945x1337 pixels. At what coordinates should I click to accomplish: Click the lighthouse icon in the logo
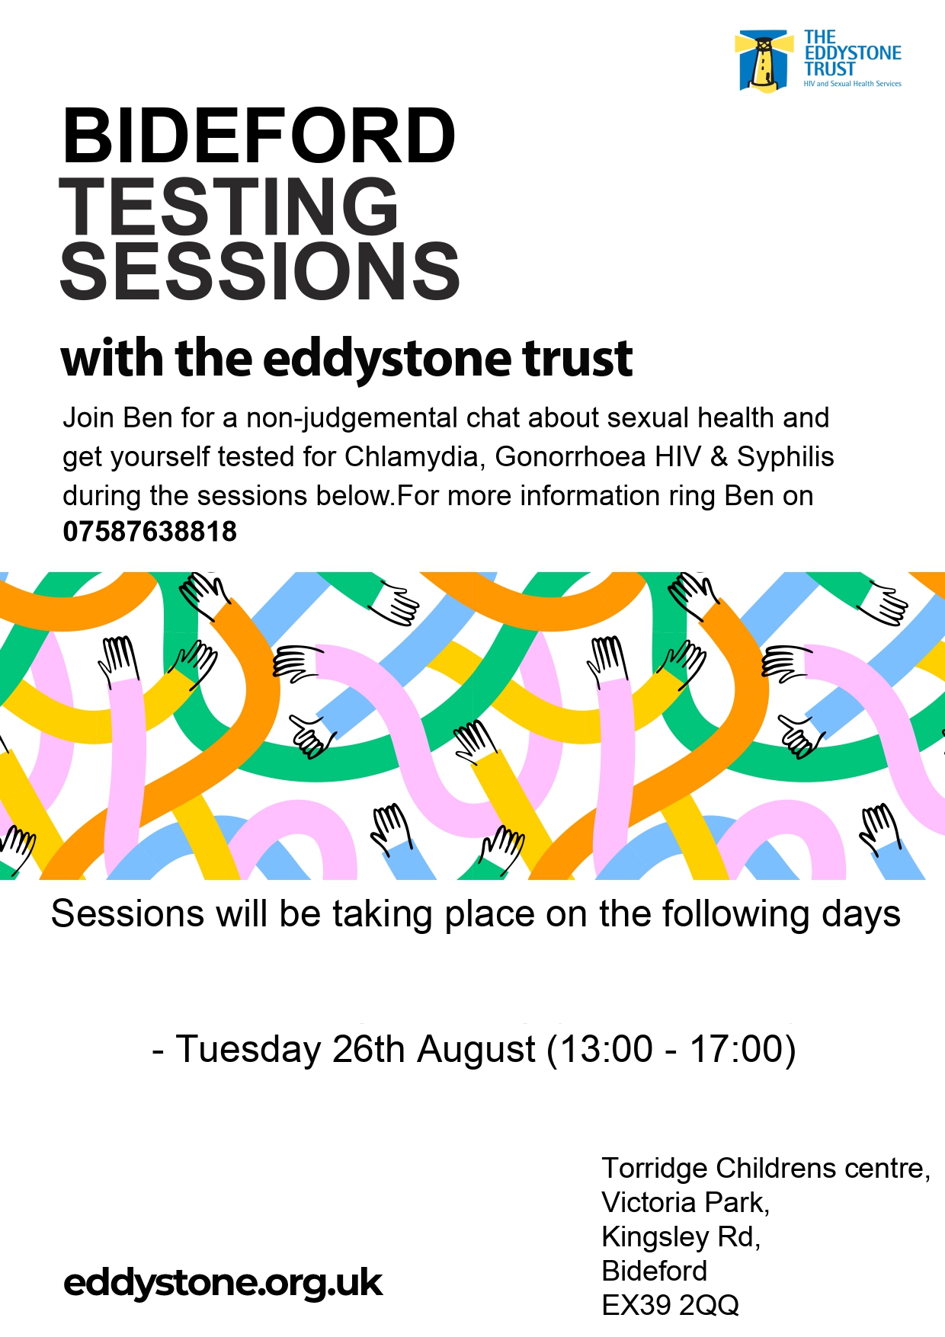[x=762, y=62]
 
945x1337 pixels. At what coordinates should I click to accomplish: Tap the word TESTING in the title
[x=229, y=205]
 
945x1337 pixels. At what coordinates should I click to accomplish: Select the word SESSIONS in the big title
[x=260, y=271]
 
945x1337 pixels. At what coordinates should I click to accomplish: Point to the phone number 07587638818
[x=150, y=532]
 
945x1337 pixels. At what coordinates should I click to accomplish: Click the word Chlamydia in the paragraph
[x=412, y=457]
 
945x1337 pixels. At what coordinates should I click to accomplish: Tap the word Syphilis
[x=786, y=457]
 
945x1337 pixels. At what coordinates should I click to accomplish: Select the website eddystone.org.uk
[x=223, y=1283]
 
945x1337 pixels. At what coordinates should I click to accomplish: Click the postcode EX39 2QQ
[x=671, y=1305]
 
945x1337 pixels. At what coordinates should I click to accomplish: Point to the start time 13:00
[x=607, y=1049]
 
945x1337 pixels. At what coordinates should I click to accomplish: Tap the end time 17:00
[x=737, y=1049]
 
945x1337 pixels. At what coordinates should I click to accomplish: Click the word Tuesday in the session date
[x=248, y=1050]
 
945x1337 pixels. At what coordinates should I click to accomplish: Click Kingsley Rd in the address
[x=680, y=1236]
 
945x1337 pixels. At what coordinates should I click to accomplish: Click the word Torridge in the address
[x=655, y=1169]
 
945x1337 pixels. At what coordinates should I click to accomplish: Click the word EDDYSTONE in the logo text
[x=853, y=53]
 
